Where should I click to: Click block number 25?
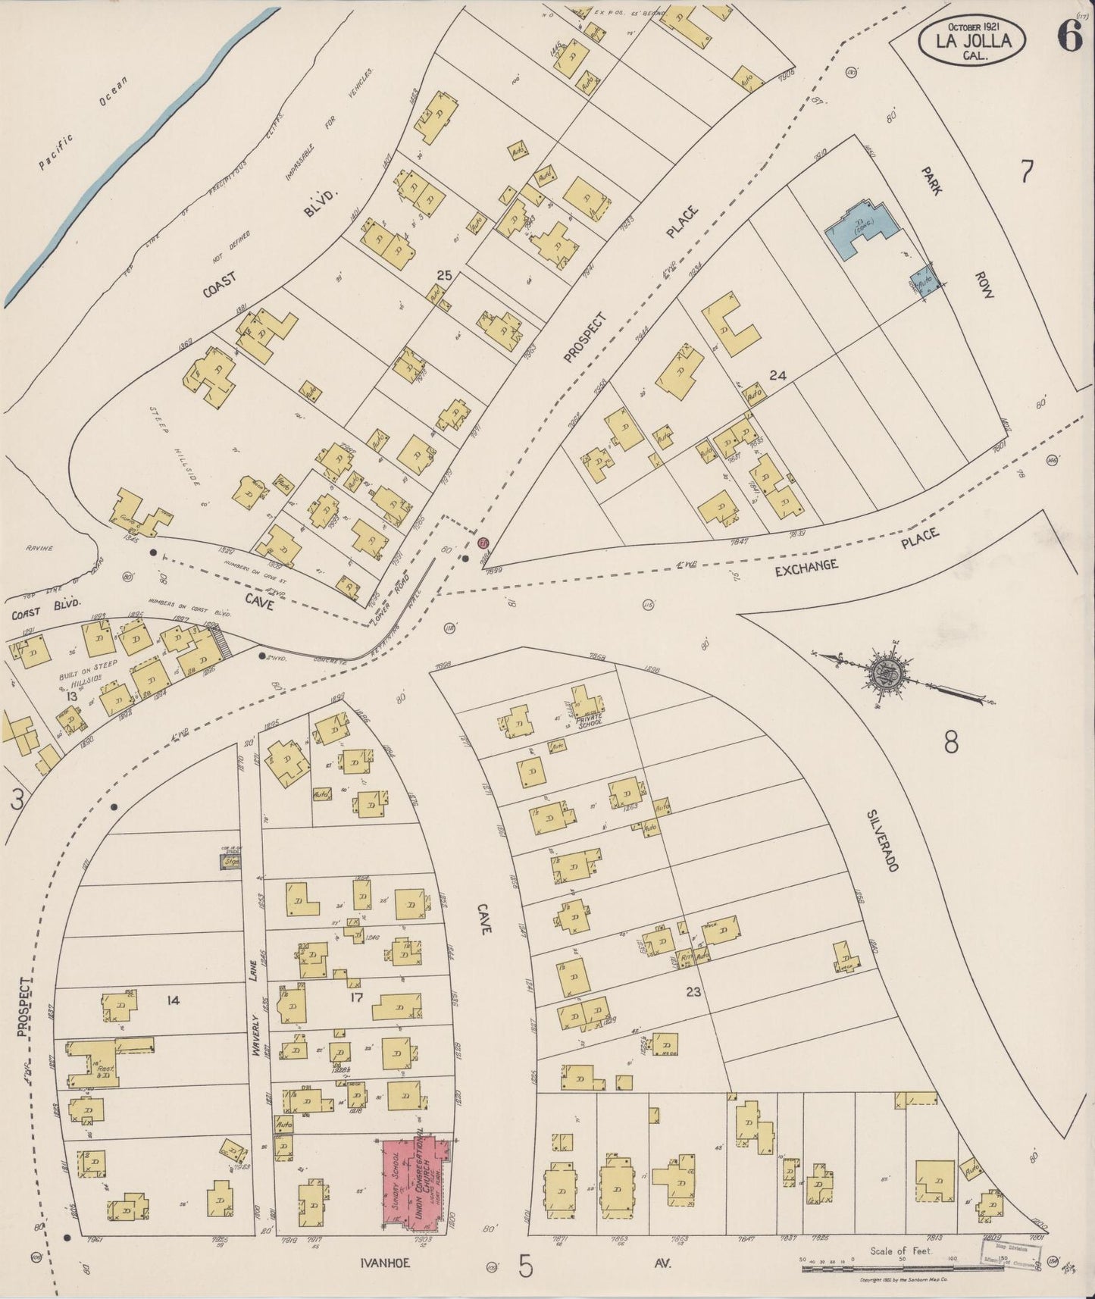[443, 277]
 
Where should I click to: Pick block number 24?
[776, 374]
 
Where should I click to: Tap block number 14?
[173, 1000]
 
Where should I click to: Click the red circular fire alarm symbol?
[483, 543]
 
